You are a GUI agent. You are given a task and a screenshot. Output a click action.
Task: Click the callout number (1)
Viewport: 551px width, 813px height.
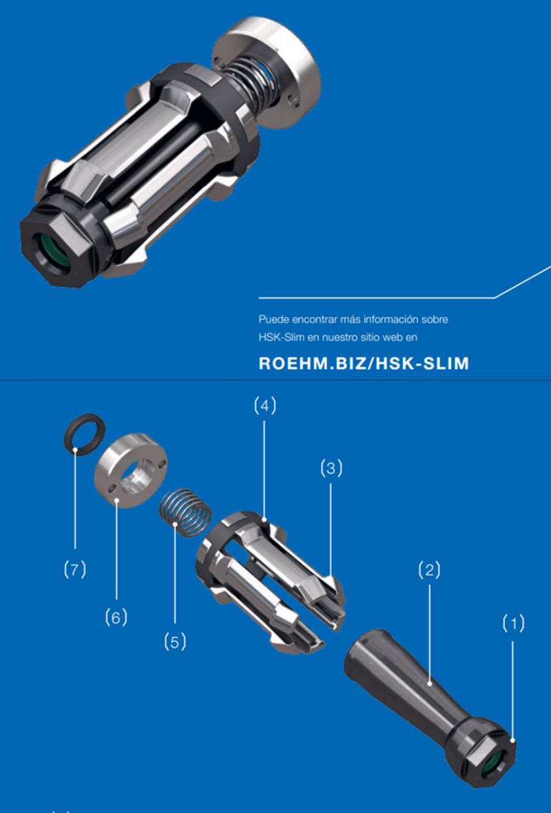coord(513,623)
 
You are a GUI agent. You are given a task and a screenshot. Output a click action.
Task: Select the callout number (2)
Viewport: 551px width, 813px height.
coord(429,571)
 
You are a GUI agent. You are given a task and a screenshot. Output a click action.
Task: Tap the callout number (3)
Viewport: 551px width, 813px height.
coord(331,469)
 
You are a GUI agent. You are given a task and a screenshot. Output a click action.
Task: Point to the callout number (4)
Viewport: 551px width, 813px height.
coord(264,405)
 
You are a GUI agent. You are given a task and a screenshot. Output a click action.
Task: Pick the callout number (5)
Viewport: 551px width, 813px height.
coord(175,642)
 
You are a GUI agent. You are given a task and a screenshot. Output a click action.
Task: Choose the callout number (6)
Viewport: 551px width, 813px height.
coord(116,617)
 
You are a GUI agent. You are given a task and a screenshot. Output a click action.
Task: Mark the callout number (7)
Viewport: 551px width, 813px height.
coord(74,570)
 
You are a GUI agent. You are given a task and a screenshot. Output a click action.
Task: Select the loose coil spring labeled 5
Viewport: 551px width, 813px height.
coord(185,512)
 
